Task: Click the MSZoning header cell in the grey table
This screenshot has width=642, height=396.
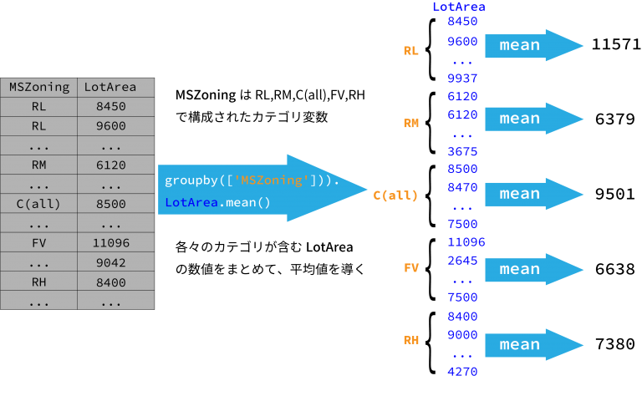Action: [x=39, y=87]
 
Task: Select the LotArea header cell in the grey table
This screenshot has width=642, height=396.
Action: [x=116, y=87]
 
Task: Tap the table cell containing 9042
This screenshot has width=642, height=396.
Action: [x=116, y=262]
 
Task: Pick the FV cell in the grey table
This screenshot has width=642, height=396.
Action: [x=39, y=243]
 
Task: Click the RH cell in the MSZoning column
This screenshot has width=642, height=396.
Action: [x=39, y=282]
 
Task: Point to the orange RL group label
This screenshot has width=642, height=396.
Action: [x=410, y=51]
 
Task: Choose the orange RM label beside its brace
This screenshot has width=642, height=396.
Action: [x=411, y=123]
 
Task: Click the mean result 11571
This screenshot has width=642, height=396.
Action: [x=616, y=44]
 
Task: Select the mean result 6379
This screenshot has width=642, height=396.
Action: [x=615, y=119]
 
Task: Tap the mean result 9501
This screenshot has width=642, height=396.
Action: [x=615, y=194]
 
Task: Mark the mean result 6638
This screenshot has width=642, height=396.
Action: [x=615, y=269]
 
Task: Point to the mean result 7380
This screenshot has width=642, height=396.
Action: [x=615, y=344]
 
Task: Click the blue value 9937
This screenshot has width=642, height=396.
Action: [x=462, y=79]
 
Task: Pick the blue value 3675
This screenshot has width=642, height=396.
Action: [x=462, y=152]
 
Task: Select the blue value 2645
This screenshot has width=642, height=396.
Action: [x=462, y=261]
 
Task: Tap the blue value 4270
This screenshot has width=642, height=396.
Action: [x=462, y=372]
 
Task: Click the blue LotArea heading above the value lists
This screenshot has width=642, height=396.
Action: [x=459, y=7]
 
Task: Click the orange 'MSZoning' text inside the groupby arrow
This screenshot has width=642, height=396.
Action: [x=271, y=180]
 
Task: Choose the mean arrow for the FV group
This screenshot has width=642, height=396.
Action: [x=534, y=269]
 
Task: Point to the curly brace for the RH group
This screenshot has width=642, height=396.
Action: [x=430, y=343]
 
